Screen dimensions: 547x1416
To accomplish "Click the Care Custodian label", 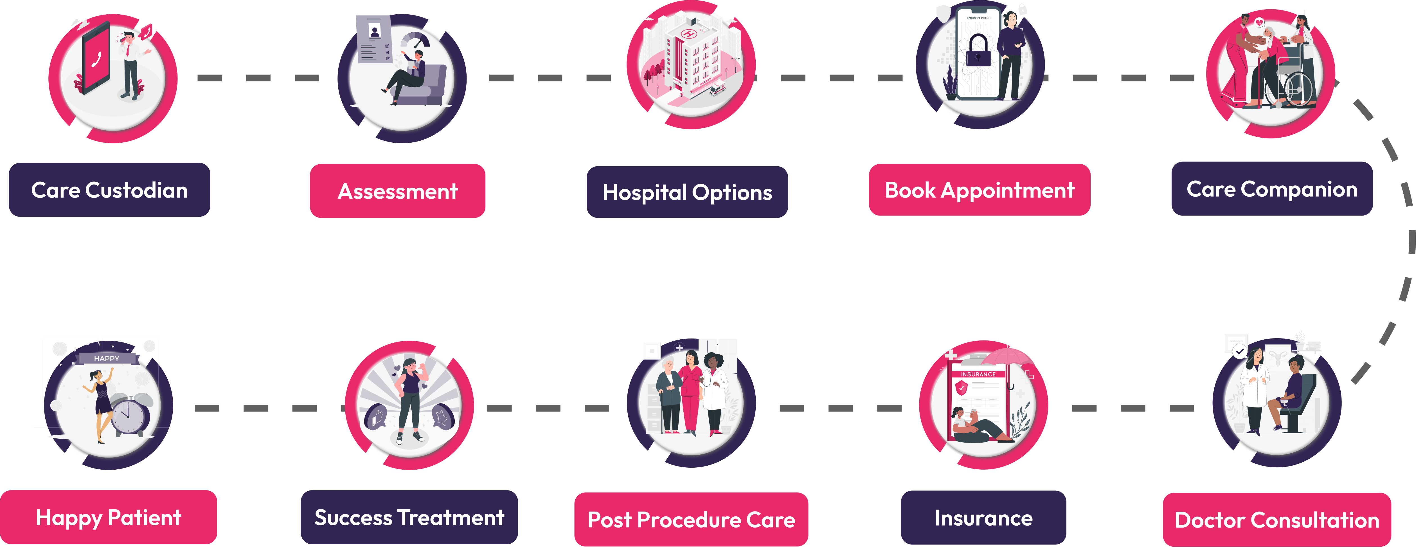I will click(109, 190).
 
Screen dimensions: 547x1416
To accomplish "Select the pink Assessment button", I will click(397, 191).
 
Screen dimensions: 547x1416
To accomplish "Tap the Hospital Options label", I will click(687, 192).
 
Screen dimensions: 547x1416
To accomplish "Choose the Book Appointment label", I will click(980, 190).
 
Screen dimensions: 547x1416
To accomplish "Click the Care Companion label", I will click(1271, 189).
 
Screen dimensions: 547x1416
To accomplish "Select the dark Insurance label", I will click(983, 518).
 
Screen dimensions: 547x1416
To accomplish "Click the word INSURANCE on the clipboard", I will click(978, 375).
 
